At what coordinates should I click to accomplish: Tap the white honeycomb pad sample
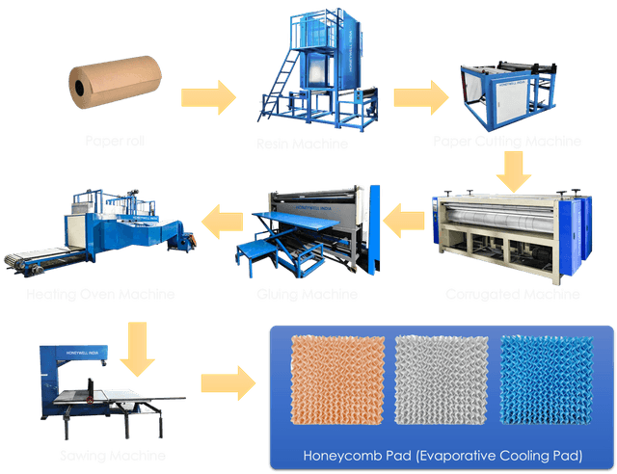click(x=440, y=381)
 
